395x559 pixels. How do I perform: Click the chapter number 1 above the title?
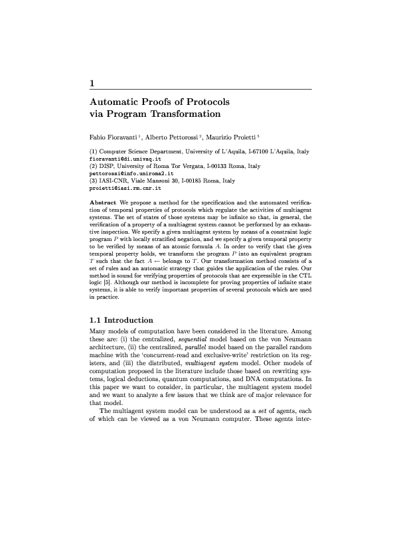[92, 84]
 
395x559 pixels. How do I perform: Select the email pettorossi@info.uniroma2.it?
[126, 174]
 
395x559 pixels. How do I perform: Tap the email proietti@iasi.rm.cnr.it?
[121, 188]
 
